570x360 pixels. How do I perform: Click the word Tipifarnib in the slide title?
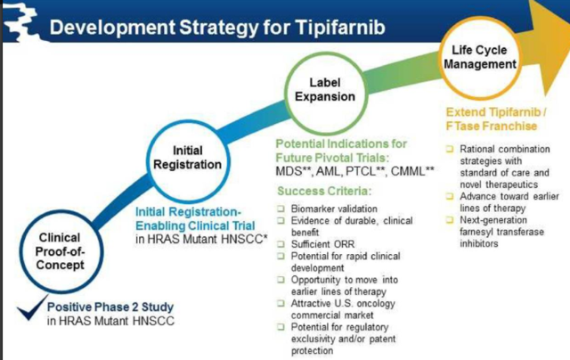click(339, 28)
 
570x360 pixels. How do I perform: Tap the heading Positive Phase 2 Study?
click(110, 307)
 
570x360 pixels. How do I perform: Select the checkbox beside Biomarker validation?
click(281, 209)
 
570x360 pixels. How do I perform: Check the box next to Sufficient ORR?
click(281, 244)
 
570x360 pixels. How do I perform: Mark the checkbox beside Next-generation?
click(450, 220)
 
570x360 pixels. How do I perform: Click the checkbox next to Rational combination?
click(450, 149)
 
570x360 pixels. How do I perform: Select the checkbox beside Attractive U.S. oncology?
click(281, 303)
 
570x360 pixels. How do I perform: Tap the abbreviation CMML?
click(408, 171)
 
